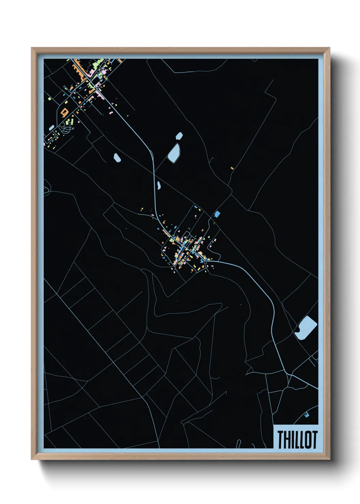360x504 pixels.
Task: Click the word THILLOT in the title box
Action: point(297,439)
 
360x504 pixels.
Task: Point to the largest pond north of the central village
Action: point(174,153)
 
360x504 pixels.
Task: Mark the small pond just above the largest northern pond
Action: point(179,136)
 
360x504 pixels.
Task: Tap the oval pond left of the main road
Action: point(117,158)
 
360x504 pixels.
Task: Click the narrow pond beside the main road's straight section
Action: point(159,185)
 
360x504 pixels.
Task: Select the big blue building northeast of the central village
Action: point(217,214)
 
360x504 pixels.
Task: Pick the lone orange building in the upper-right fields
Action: point(232,168)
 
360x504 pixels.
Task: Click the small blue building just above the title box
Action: point(307,415)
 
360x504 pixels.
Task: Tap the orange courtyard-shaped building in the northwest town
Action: point(64,111)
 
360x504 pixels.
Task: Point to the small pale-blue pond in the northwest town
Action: point(51,128)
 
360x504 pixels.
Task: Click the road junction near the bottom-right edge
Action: point(289,375)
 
